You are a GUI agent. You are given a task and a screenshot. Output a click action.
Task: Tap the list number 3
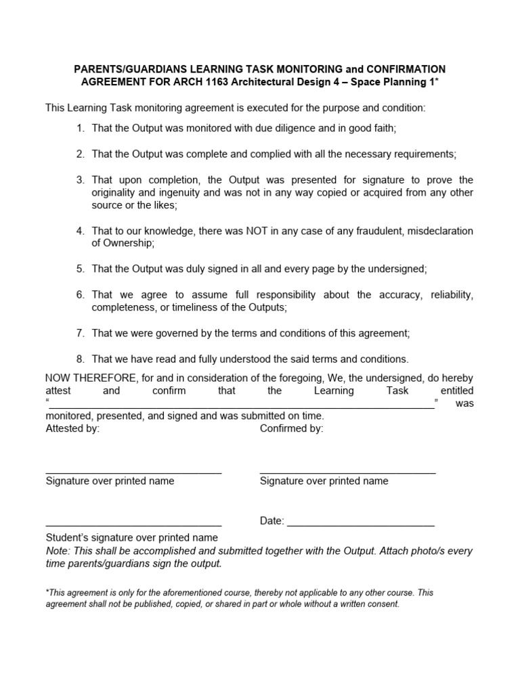coord(79,180)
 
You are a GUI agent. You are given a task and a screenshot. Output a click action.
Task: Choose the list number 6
coord(79,294)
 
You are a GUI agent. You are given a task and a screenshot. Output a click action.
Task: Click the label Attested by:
coord(72,428)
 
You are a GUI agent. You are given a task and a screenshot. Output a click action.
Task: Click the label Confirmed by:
coord(291,428)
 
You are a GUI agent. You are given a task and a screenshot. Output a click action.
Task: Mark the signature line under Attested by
coord(133,472)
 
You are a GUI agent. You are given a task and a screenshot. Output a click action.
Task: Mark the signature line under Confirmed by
coord(347,472)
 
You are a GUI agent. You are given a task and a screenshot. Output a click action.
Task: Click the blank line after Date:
coord(361,525)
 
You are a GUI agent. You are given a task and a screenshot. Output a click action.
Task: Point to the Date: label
coord(272,521)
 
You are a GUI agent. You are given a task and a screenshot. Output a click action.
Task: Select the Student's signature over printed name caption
coord(131,538)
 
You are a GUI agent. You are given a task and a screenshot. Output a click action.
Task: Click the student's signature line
coord(133,525)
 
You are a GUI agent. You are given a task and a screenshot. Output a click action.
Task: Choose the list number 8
coord(79,359)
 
